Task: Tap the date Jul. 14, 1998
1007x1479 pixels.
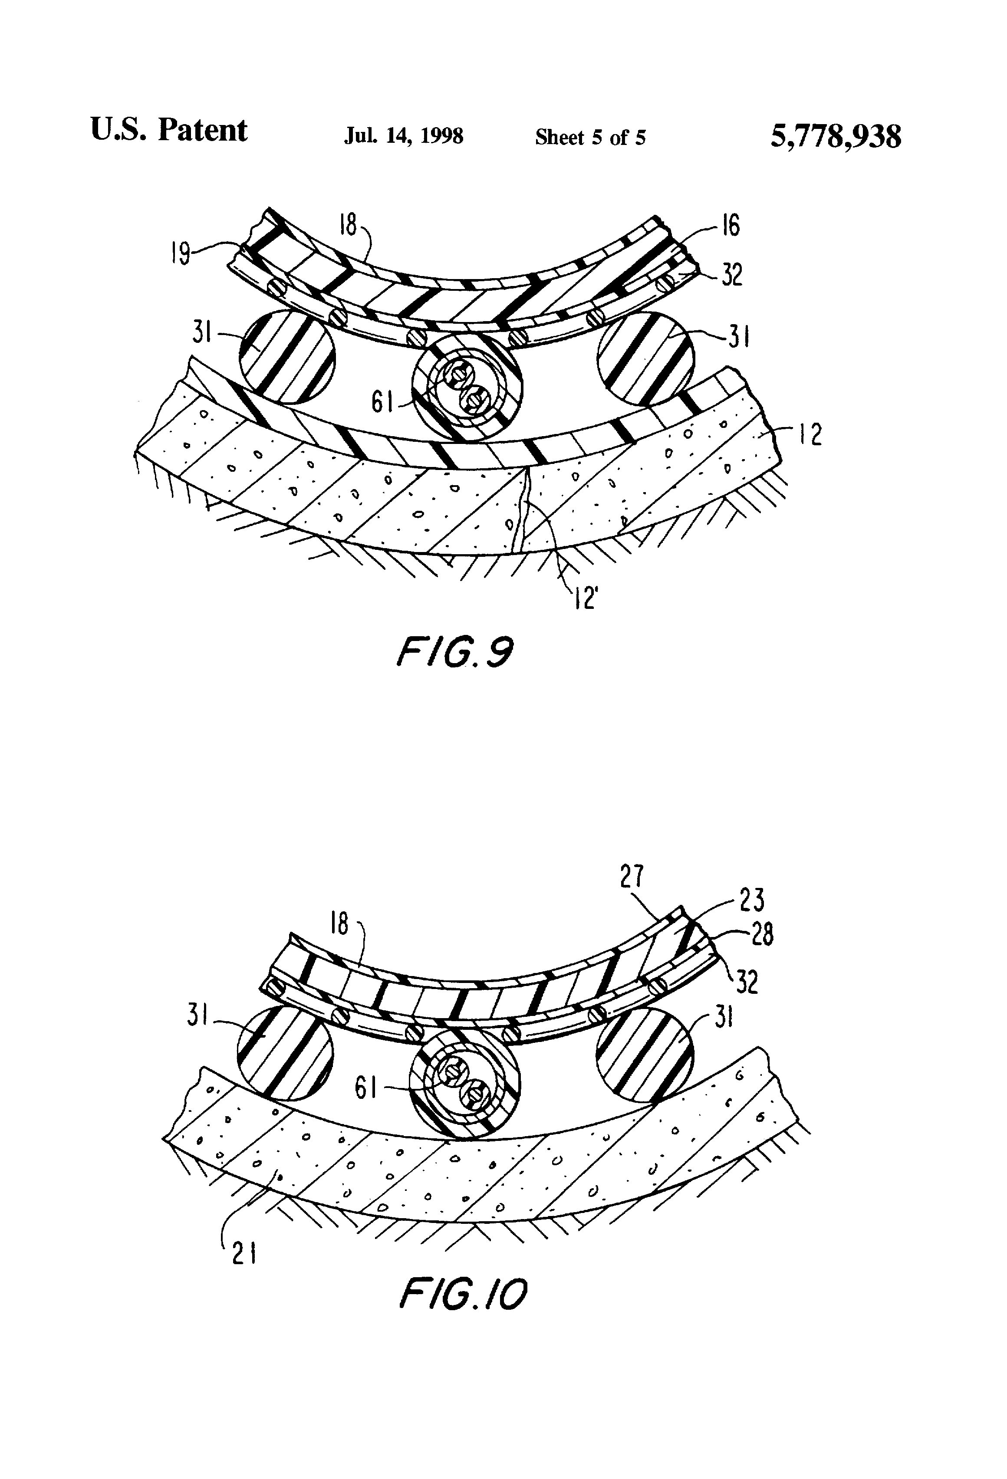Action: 404,136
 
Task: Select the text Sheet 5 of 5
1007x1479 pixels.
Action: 590,138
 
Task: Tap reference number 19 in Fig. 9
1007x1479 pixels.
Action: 181,255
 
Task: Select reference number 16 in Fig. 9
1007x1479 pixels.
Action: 731,226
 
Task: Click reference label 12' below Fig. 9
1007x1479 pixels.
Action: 584,598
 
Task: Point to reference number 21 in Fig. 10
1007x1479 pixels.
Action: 244,1254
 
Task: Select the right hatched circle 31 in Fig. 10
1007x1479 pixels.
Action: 644,1053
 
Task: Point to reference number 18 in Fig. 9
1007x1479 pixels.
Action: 348,225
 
